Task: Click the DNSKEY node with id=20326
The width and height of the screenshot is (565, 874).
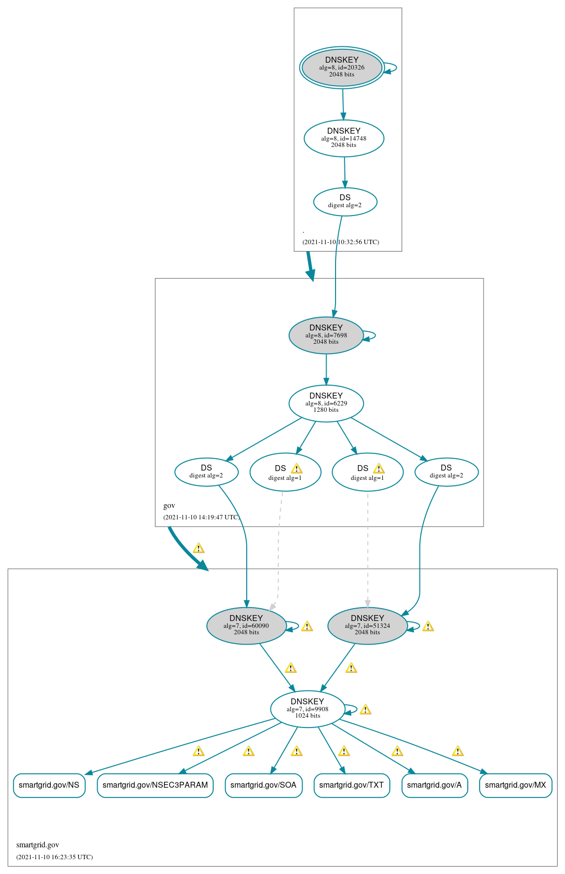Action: (342, 68)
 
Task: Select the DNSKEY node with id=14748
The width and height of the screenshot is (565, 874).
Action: (344, 138)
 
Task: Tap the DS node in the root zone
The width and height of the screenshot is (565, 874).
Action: (345, 201)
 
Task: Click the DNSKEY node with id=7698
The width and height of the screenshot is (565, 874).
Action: (326, 335)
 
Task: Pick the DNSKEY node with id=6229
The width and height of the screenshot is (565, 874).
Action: (326, 403)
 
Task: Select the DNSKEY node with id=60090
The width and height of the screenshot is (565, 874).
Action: (246, 625)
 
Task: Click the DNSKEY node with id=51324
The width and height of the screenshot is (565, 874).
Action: (367, 625)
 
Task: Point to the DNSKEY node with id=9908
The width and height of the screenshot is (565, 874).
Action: (307, 709)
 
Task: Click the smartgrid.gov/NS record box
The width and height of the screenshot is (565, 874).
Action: (49, 785)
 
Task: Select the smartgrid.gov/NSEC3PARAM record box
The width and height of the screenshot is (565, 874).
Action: (155, 785)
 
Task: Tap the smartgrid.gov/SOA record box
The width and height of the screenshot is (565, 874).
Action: (264, 785)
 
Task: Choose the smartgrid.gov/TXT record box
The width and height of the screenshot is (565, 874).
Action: (351, 785)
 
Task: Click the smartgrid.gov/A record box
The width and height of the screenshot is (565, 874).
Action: (434, 785)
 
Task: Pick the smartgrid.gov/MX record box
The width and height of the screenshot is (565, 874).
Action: (515, 785)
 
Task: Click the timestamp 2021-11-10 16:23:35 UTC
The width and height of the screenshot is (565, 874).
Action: (54, 857)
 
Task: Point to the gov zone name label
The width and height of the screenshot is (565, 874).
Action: (169, 506)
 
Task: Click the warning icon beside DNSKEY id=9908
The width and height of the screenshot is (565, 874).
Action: (365, 710)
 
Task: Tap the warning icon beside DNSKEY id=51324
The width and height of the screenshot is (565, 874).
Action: (428, 626)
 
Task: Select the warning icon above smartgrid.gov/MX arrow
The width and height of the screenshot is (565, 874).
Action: (457, 751)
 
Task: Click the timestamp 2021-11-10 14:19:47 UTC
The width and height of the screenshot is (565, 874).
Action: (201, 517)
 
